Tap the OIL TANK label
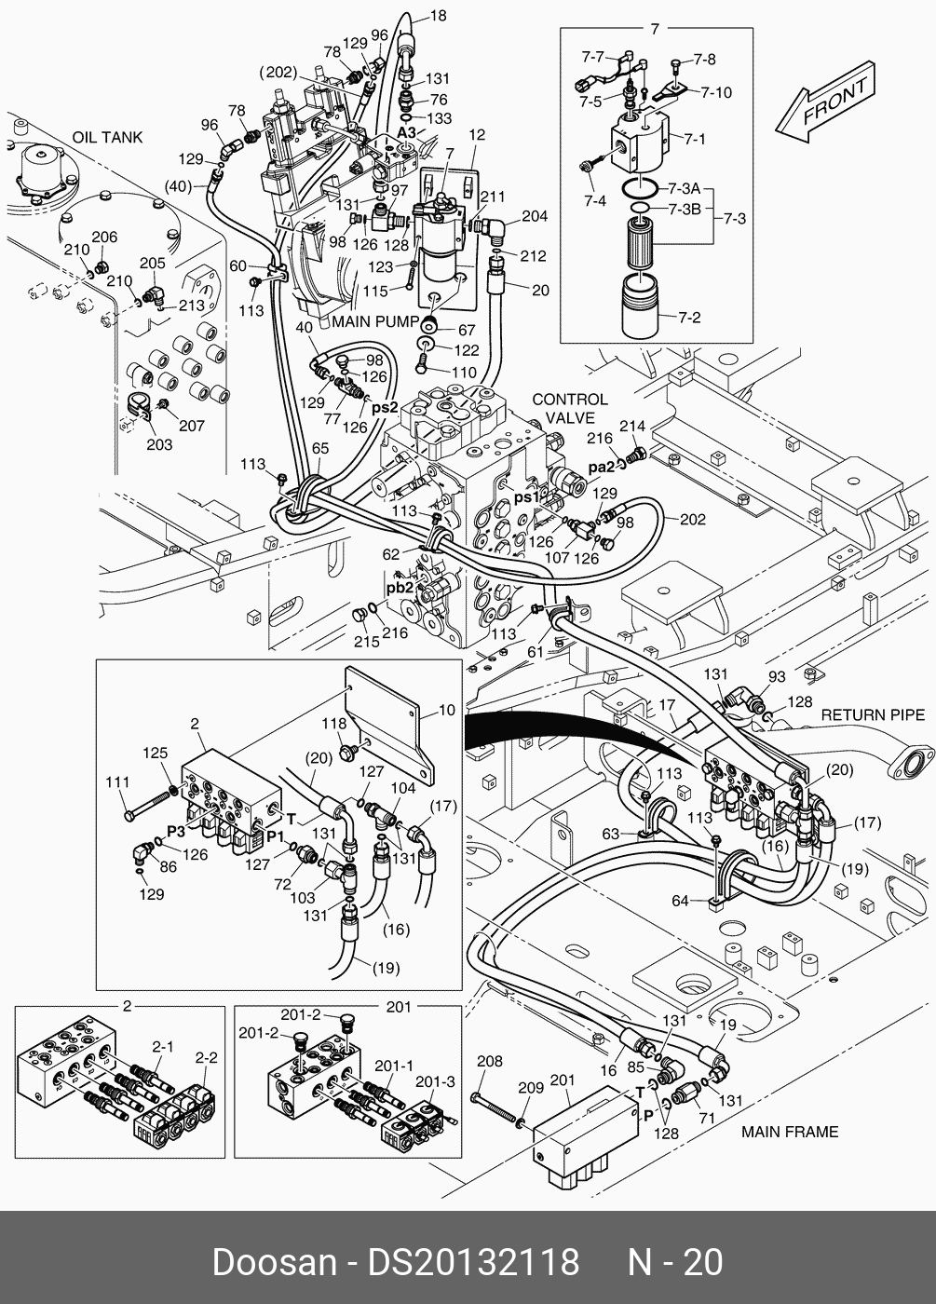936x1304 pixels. click(108, 137)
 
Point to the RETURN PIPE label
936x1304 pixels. click(873, 714)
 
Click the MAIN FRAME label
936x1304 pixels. click(790, 1132)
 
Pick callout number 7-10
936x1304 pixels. click(716, 92)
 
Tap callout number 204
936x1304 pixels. click(534, 216)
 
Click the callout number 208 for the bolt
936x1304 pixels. click(489, 1061)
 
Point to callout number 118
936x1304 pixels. click(334, 723)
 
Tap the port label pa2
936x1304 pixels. click(603, 467)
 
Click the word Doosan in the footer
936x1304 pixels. click(274, 1263)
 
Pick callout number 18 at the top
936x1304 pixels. click(438, 16)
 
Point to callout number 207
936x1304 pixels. click(191, 426)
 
